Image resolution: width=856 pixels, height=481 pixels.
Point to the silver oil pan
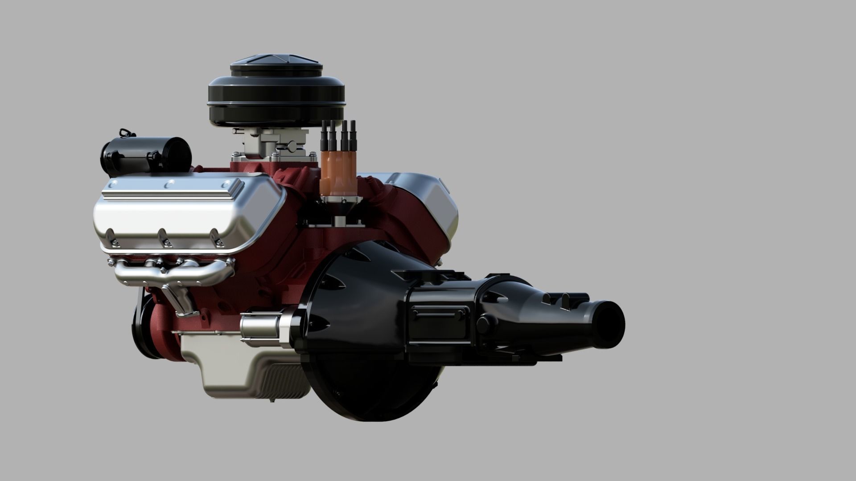(x=250, y=365)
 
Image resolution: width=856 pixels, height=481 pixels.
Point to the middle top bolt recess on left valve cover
(x=169, y=184)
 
